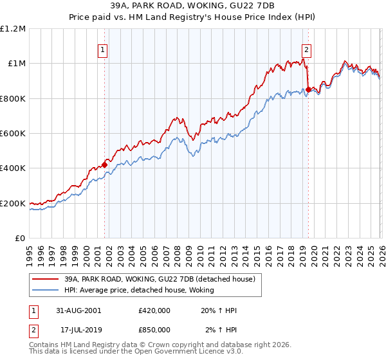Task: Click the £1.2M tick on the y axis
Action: pyautogui.click(x=13, y=28)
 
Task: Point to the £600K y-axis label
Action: pyautogui.click(x=13, y=134)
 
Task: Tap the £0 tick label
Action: pyautogui.click(x=19, y=239)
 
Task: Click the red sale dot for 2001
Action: pyautogui.click(x=104, y=165)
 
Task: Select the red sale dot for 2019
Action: pyautogui.click(x=308, y=89)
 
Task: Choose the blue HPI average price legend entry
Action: pyautogui.click(x=143, y=290)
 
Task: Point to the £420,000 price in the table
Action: pyautogui.click(x=154, y=310)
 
